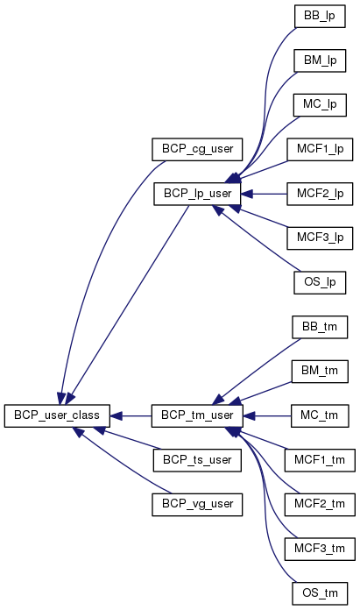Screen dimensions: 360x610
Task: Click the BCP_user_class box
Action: [x=57, y=415]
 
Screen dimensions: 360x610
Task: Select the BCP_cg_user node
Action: [x=197, y=149]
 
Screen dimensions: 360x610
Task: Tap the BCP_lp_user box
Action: [x=197, y=194]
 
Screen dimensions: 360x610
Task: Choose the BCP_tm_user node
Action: [x=197, y=415]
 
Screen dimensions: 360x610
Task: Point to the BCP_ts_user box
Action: [x=197, y=460]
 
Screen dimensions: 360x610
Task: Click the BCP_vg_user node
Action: [x=197, y=504]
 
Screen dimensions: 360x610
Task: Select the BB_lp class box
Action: [x=320, y=17]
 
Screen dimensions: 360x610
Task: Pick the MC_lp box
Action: [x=320, y=104]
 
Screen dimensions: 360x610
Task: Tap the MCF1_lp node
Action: [x=320, y=149]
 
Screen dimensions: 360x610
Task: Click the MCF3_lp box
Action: [x=320, y=238]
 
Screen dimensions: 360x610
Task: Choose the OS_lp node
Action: [x=320, y=282]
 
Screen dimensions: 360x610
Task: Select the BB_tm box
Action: [x=320, y=327]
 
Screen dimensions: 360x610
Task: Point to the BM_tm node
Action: [x=320, y=371]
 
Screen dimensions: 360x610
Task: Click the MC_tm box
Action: [x=320, y=415]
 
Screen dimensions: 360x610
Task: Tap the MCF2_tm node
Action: [x=320, y=504]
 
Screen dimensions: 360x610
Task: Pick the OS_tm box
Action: [x=320, y=593]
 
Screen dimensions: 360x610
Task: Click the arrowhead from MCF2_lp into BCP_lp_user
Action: [x=247, y=194]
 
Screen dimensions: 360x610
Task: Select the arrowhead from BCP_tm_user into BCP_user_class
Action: [x=116, y=416]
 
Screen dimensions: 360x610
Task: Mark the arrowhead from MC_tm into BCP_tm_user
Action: [x=250, y=416]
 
